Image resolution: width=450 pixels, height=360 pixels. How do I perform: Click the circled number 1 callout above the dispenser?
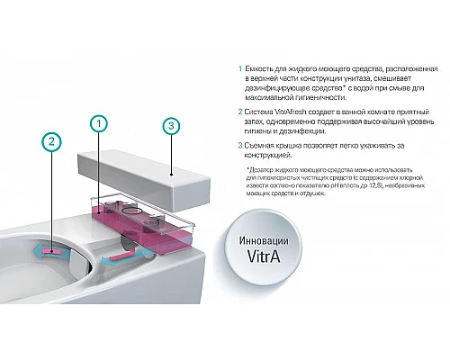100,122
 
